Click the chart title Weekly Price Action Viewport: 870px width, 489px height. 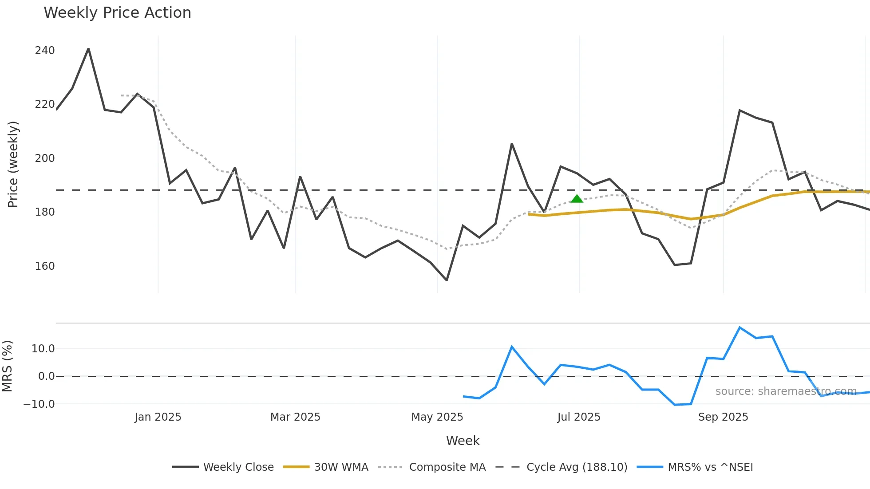point(117,13)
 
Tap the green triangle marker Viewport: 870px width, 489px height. point(577,199)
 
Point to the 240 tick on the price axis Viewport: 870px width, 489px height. point(45,51)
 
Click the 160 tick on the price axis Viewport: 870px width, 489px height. point(45,266)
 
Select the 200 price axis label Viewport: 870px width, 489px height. point(45,158)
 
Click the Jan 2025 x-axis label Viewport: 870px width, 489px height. point(158,417)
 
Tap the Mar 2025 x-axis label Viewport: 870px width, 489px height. point(295,417)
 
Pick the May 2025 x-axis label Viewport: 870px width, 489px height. point(437,417)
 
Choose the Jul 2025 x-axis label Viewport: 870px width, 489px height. point(579,417)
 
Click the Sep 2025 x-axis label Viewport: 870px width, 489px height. point(723,417)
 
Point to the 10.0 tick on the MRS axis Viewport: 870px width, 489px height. point(43,349)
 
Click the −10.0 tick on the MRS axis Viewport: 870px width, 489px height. point(39,404)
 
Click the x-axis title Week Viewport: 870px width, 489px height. point(463,441)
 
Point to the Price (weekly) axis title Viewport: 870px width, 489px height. point(13,164)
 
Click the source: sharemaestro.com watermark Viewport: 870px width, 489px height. point(786,391)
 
